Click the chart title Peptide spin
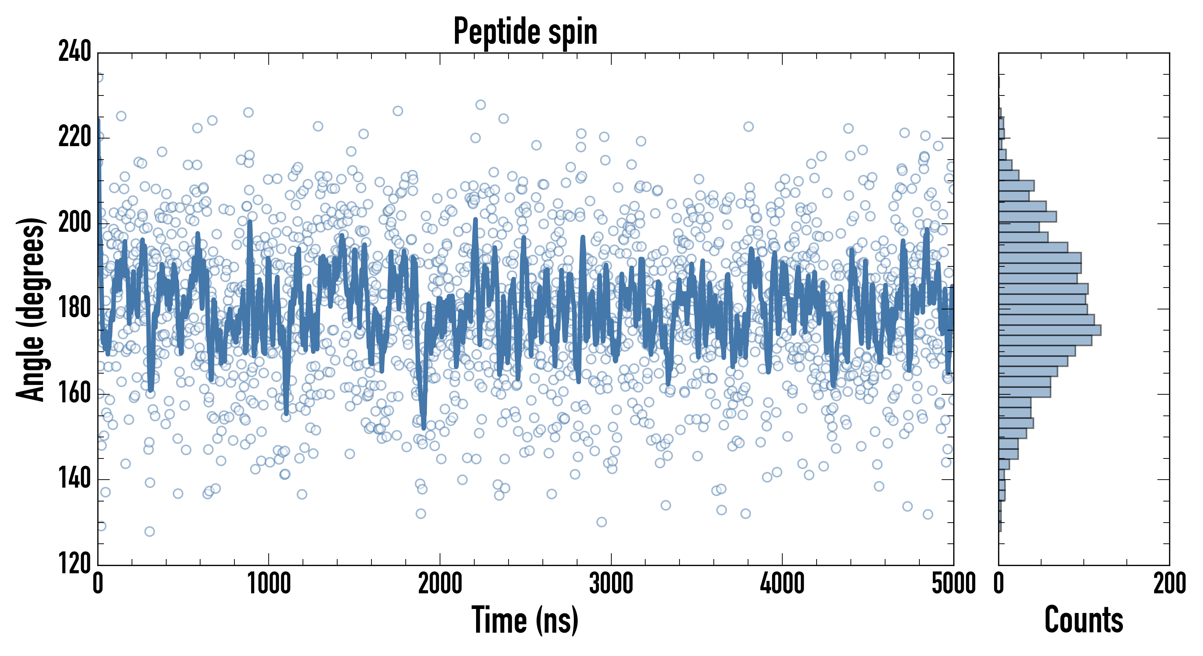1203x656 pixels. tap(525, 31)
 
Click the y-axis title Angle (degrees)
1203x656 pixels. tap(31, 309)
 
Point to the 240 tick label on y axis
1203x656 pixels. tap(75, 51)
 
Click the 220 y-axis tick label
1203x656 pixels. tap(75, 137)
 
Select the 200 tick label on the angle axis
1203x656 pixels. tap(75, 223)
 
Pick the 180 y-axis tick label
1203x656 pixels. tap(75, 308)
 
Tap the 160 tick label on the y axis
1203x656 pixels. tap(75, 394)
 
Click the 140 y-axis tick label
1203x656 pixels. tap(75, 479)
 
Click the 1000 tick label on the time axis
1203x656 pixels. tap(269, 583)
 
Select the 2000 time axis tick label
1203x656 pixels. tap(440, 583)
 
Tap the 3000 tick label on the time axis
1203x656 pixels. tap(611, 583)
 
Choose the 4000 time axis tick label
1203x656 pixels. tap(782, 583)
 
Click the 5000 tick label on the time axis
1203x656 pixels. tap(953, 583)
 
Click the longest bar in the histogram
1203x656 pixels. tap(1050, 330)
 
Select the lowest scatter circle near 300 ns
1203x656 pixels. tap(149, 531)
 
